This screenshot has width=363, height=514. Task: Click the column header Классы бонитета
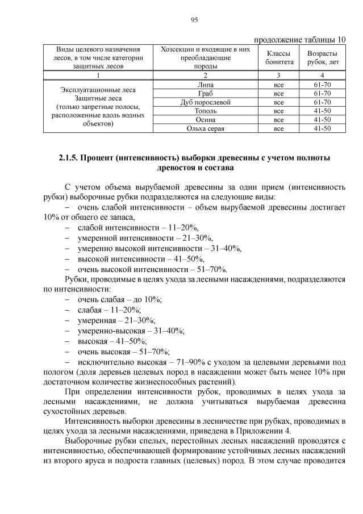pyautogui.click(x=279, y=57)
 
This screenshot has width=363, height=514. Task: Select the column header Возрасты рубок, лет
pyautogui.click(x=322, y=57)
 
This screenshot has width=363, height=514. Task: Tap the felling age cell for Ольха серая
pyautogui.click(x=322, y=128)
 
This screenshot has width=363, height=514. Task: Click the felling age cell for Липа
pyautogui.click(x=322, y=85)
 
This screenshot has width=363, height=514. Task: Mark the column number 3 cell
pyautogui.click(x=279, y=76)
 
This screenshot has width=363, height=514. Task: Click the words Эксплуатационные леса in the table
pyautogui.click(x=98, y=90)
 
